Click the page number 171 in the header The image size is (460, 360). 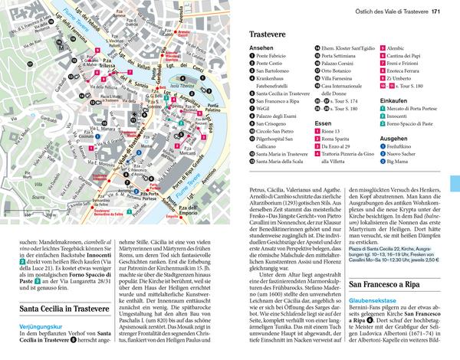(435, 11)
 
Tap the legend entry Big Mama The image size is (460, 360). (400, 162)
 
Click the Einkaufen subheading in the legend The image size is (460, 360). (393, 100)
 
